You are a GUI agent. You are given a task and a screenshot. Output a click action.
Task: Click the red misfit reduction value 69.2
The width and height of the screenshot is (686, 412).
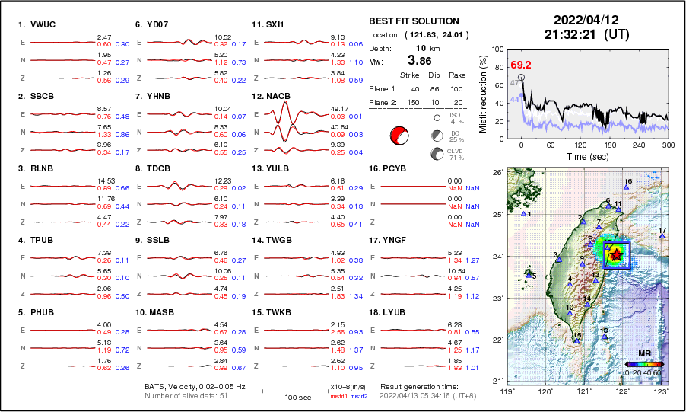(521, 65)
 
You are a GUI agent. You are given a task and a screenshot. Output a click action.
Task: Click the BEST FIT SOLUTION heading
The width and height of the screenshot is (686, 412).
(414, 21)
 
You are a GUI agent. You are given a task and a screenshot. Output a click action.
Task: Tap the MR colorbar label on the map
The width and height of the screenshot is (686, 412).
(644, 353)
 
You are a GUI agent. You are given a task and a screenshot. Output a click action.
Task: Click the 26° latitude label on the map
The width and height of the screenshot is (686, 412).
(494, 173)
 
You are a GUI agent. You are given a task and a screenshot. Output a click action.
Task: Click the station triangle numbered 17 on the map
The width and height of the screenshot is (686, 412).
(662, 237)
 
